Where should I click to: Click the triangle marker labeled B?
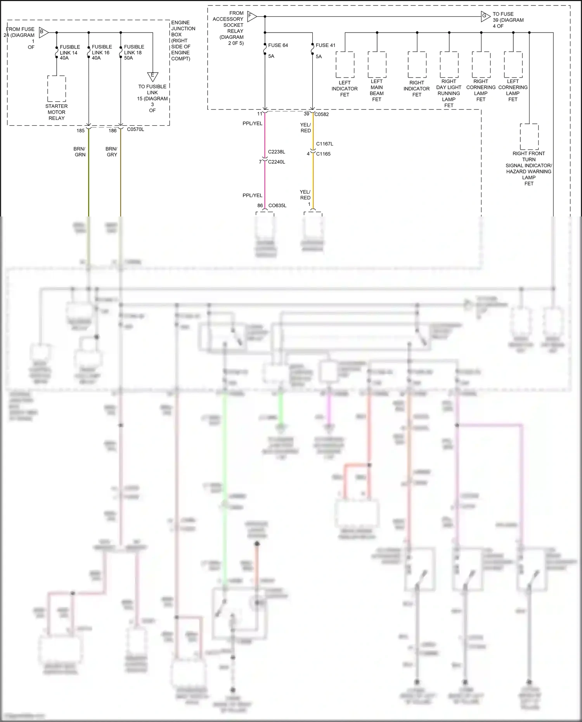(x=43, y=33)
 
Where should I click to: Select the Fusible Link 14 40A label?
(x=69, y=52)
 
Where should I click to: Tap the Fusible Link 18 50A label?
(x=133, y=52)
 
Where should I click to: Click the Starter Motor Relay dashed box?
(x=57, y=89)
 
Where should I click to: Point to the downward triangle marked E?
(x=152, y=76)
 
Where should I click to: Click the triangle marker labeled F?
(x=251, y=16)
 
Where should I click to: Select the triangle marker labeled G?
(x=485, y=16)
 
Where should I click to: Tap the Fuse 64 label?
(x=278, y=45)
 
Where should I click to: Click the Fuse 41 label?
(x=325, y=45)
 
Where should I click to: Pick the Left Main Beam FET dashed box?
(x=377, y=65)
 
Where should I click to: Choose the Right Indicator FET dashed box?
(x=417, y=65)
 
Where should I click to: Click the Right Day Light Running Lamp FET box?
(x=449, y=65)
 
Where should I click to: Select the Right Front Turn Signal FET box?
(x=529, y=137)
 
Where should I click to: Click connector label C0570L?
(x=135, y=130)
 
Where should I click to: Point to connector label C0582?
(x=322, y=114)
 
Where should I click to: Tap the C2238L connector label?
(x=276, y=152)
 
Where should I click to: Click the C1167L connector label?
(x=324, y=144)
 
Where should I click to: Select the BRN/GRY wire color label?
(x=111, y=152)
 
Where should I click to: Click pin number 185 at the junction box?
(x=80, y=131)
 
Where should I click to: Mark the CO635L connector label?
(x=277, y=206)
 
